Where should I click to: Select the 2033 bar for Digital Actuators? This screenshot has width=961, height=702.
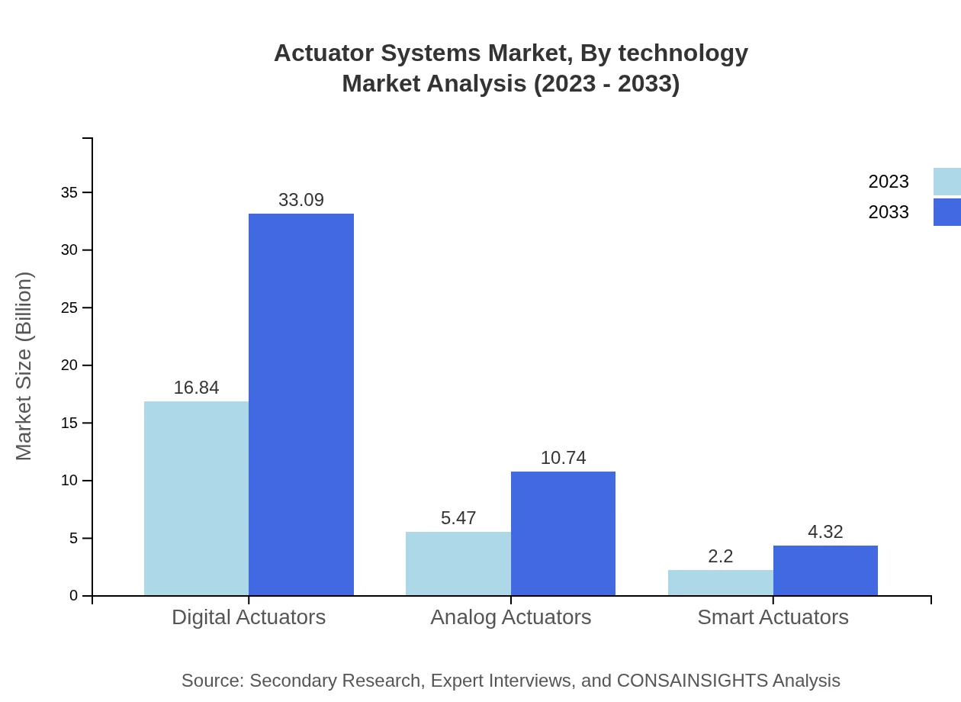click(301, 404)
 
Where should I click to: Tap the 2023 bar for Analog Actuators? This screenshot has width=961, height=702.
click(458, 563)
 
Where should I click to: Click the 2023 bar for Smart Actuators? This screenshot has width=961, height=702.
click(720, 582)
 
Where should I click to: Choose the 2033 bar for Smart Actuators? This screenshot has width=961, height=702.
click(825, 570)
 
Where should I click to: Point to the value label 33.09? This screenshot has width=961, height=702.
click(301, 200)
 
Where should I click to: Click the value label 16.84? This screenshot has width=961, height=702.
click(196, 388)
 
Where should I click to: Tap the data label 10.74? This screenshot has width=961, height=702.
click(563, 458)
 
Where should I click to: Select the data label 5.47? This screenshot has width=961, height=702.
click(458, 518)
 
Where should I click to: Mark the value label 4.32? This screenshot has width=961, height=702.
click(825, 532)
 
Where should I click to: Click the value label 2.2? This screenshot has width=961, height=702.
click(720, 556)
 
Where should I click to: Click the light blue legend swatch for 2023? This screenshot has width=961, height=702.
click(947, 182)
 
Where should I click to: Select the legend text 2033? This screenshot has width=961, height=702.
click(889, 212)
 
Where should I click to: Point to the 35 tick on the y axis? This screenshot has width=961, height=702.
click(69, 193)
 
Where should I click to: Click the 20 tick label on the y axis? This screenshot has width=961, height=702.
click(69, 365)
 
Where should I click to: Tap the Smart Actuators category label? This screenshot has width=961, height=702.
click(773, 617)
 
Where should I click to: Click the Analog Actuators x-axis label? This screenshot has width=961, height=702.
click(510, 617)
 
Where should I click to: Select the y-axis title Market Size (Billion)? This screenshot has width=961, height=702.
click(24, 366)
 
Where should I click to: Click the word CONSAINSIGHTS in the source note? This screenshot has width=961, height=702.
click(691, 680)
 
